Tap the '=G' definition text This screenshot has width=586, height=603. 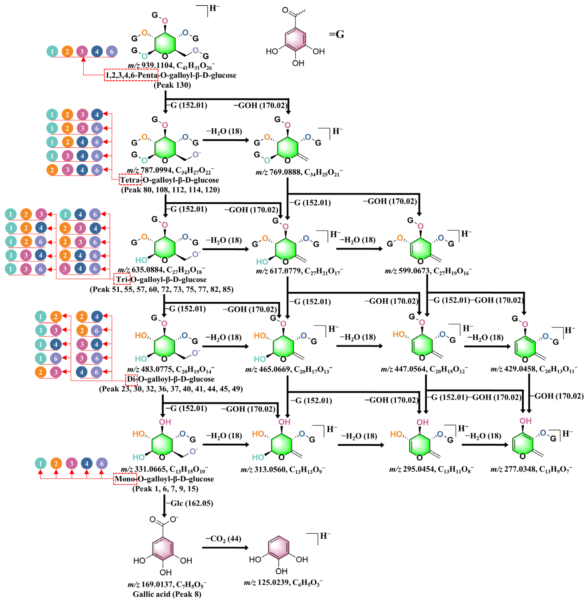coord(336,34)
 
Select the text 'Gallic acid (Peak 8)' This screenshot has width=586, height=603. coord(167,594)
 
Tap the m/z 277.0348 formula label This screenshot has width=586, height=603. coord(531,469)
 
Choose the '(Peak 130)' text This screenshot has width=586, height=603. coord(172,85)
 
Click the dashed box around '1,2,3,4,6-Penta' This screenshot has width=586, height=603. coord(131,75)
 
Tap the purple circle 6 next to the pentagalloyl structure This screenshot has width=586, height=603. coord(112,51)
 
